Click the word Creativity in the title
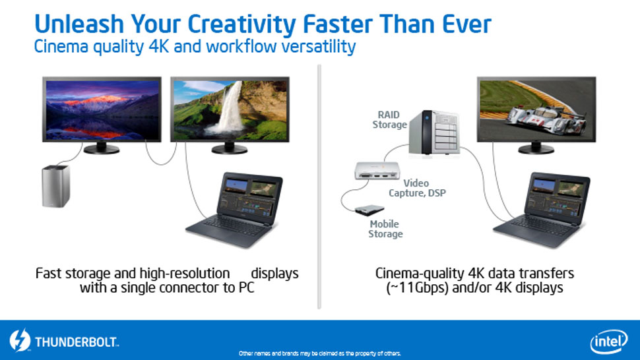[x=241, y=24]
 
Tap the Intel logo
[x=608, y=342]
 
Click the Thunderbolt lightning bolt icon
[x=20, y=340]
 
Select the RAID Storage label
[x=389, y=120]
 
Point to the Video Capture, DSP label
[x=417, y=188]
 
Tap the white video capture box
[x=377, y=170]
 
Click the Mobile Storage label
[x=385, y=229]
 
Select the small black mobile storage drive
[x=369, y=210]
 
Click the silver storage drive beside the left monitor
[x=55, y=186]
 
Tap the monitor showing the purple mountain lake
[x=102, y=115]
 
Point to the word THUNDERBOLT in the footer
[x=77, y=342]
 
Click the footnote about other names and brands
[x=319, y=353]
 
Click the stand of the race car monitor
[x=536, y=148]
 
